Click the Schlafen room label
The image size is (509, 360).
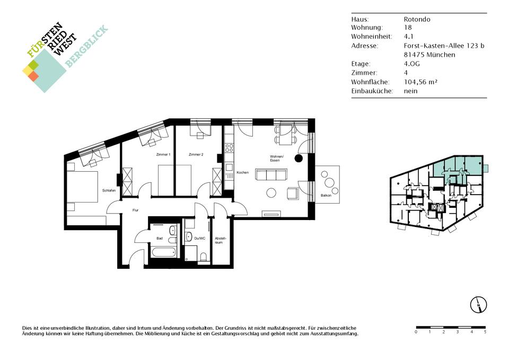pyautogui.click(x=109, y=190)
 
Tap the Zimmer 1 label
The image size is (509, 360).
pyautogui.click(x=163, y=154)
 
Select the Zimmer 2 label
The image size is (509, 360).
pyautogui.click(x=196, y=154)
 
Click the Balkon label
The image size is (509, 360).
pyautogui.click(x=326, y=196)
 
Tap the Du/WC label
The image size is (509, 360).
pyautogui.click(x=200, y=238)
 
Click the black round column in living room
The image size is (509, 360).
pyautogui.click(x=299, y=158)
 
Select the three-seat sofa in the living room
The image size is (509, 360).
pyautogui.click(x=271, y=174)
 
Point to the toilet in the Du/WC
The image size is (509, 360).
pyautogui.click(x=204, y=257)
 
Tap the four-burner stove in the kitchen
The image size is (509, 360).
pyautogui.click(x=229, y=148)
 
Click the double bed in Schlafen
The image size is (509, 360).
pyautogui.click(x=83, y=187)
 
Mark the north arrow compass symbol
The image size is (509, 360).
pyautogui.click(x=478, y=304)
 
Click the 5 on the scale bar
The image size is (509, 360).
pyautogui.click(x=485, y=332)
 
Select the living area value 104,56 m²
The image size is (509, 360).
pyautogui.click(x=420, y=82)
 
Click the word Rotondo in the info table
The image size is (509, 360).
pyautogui.click(x=417, y=19)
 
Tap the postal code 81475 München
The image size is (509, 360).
pyautogui.click(x=429, y=55)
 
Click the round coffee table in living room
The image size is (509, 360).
pyautogui.click(x=271, y=193)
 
